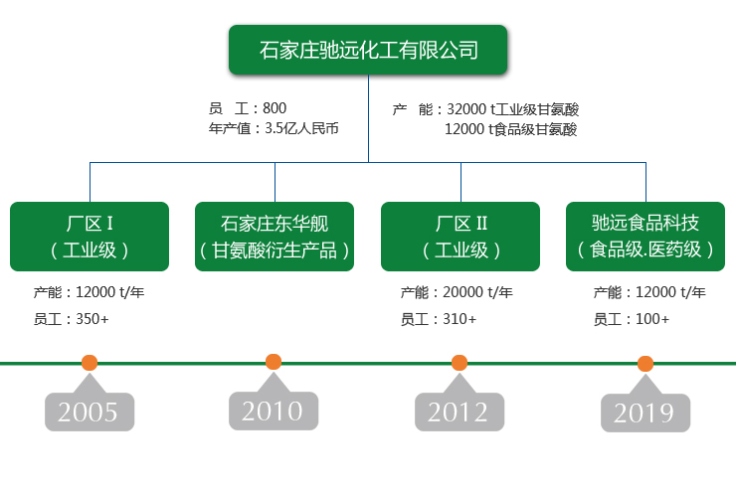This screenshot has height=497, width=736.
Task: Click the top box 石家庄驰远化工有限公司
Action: pos(368,50)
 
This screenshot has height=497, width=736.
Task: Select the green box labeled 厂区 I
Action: pos(90,237)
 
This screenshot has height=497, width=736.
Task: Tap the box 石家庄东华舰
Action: pos(275,237)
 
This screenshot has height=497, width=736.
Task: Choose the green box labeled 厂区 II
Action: pos(460,237)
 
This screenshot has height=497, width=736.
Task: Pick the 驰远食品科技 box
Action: pos(645,237)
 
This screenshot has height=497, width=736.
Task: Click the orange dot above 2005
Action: pos(90,363)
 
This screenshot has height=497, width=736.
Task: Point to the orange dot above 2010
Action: pos(274,362)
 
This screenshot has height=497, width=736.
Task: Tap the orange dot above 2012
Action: pos(460,363)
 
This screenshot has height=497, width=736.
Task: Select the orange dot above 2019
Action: pos(645,364)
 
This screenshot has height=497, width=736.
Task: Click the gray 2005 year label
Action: pos(90,412)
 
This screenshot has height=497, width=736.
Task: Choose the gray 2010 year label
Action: pos(274,411)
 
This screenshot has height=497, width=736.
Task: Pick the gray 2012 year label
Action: pos(460,412)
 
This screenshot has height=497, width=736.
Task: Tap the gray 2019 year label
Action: pos(645,413)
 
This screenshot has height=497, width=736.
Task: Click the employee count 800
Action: pos(275,108)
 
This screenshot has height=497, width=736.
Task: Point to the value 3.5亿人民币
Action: pos(301,128)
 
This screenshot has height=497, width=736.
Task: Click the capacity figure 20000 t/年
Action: pos(477,292)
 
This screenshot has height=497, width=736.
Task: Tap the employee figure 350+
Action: pos(92,319)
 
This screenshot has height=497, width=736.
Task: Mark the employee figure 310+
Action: pos(460,319)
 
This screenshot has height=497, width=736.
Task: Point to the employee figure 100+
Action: pos(652,319)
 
